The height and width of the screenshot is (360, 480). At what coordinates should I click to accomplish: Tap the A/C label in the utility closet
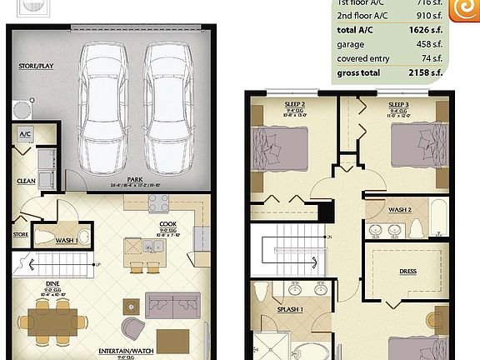click(25, 132)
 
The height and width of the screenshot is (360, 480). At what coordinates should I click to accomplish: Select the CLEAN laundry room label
click(25, 180)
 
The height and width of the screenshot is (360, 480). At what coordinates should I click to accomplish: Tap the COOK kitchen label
click(167, 223)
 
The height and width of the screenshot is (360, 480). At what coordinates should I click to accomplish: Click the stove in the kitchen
click(158, 202)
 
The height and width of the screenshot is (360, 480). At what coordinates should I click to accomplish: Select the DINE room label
click(52, 283)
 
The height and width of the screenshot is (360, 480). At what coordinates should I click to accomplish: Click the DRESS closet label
click(407, 272)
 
